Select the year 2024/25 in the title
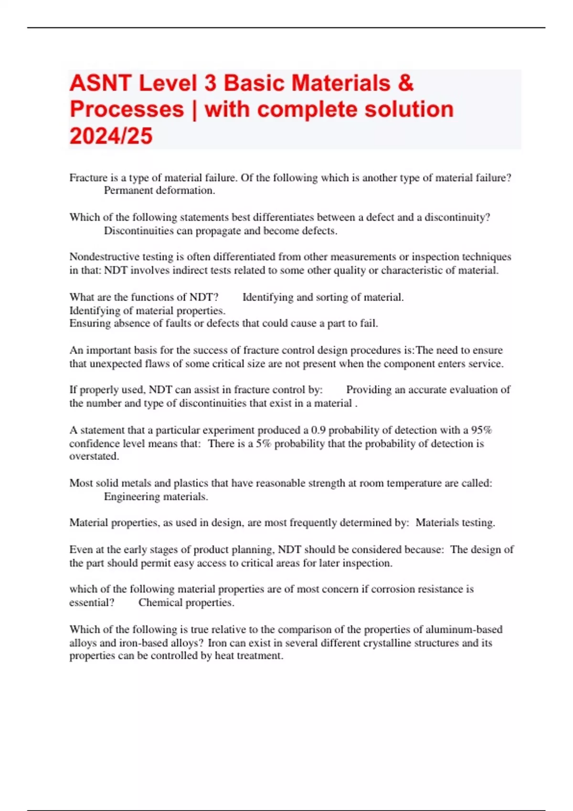(111, 135)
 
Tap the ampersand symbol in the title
(405, 83)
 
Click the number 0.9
(318, 430)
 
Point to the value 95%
(481, 430)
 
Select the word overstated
(94, 456)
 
